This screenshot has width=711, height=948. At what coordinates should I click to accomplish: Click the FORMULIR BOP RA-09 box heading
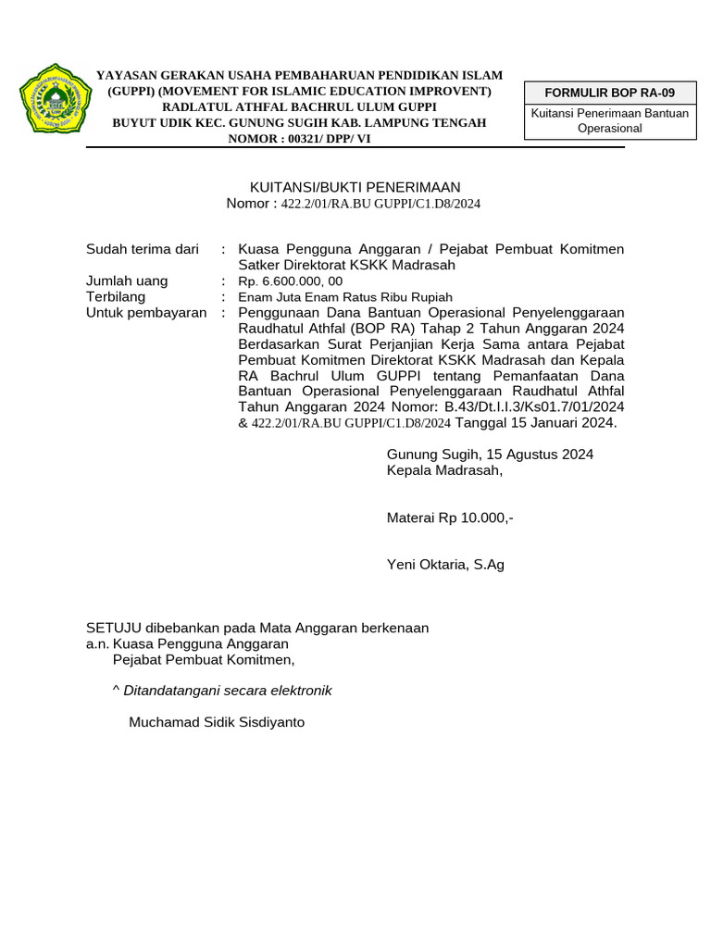click(x=610, y=93)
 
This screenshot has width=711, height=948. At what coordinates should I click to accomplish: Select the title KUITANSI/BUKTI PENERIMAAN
click(x=355, y=187)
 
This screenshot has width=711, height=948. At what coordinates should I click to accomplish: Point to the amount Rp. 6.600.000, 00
click(x=291, y=281)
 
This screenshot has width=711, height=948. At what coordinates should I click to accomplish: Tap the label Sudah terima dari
click(x=143, y=249)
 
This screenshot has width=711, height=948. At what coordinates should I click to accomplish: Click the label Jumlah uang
click(x=127, y=281)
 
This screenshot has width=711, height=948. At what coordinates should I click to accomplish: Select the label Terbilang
click(x=116, y=297)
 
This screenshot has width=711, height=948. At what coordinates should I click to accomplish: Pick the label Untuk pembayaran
click(x=146, y=313)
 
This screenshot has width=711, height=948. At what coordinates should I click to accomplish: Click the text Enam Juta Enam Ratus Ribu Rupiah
click(x=345, y=297)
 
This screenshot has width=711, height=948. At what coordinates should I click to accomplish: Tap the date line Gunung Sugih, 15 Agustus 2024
click(x=490, y=454)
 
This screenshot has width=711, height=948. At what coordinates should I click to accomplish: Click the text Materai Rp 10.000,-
click(x=450, y=518)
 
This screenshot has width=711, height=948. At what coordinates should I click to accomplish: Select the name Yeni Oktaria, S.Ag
click(x=445, y=564)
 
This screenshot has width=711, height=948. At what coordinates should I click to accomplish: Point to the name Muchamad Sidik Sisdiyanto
click(x=217, y=721)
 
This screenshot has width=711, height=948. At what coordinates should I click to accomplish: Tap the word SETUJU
click(x=110, y=628)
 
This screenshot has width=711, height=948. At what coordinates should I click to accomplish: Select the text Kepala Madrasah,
click(x=444, y=469)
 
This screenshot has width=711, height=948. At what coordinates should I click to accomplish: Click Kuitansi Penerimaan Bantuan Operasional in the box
click(x=610, y=120)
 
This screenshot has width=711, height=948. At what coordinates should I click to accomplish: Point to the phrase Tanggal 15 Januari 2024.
click(x=535, y=423)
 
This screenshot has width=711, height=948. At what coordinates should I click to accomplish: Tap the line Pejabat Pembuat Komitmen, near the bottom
click(x=204, y=659)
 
